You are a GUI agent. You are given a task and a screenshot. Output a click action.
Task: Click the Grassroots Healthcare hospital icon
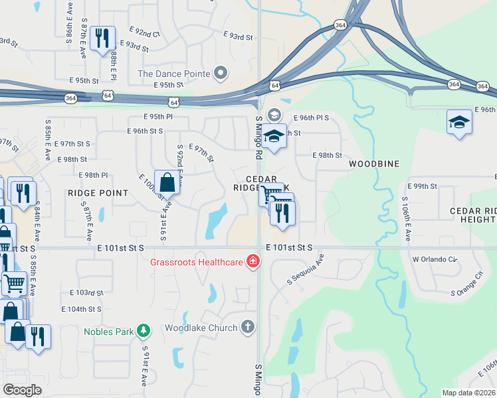click(x=252, y=262)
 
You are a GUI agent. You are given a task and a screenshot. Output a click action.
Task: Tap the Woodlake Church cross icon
click(x=248, y=327)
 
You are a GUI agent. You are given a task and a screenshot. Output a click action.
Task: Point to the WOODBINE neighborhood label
click(x=374, y=164)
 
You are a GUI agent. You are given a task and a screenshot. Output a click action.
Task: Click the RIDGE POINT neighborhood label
click(x=98, y=193)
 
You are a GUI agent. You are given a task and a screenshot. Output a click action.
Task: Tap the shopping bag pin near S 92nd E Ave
click(x=167, y=183)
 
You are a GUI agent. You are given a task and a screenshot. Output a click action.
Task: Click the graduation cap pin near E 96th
click(x=458, y=123)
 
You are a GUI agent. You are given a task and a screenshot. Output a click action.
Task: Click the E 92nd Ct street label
click(x=147, y=33)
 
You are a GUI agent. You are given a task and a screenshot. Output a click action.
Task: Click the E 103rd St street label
click(x=86, y=293)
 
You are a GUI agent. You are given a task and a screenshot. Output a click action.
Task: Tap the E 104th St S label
click(x=81, y=309)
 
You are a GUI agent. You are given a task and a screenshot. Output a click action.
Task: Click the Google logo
click(x=22, y=389)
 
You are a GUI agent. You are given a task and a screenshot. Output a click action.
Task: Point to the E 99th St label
click(x=421, y=186)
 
